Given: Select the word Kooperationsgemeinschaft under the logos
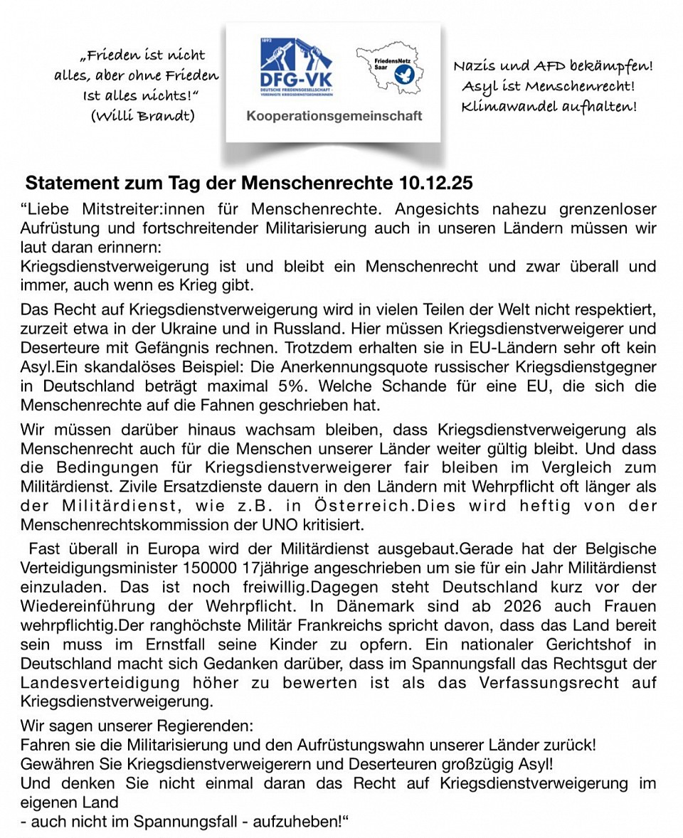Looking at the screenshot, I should tap(334, 115).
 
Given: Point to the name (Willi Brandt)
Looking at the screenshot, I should tap(143, 115).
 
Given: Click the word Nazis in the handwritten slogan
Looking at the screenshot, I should tap(475, 67).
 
